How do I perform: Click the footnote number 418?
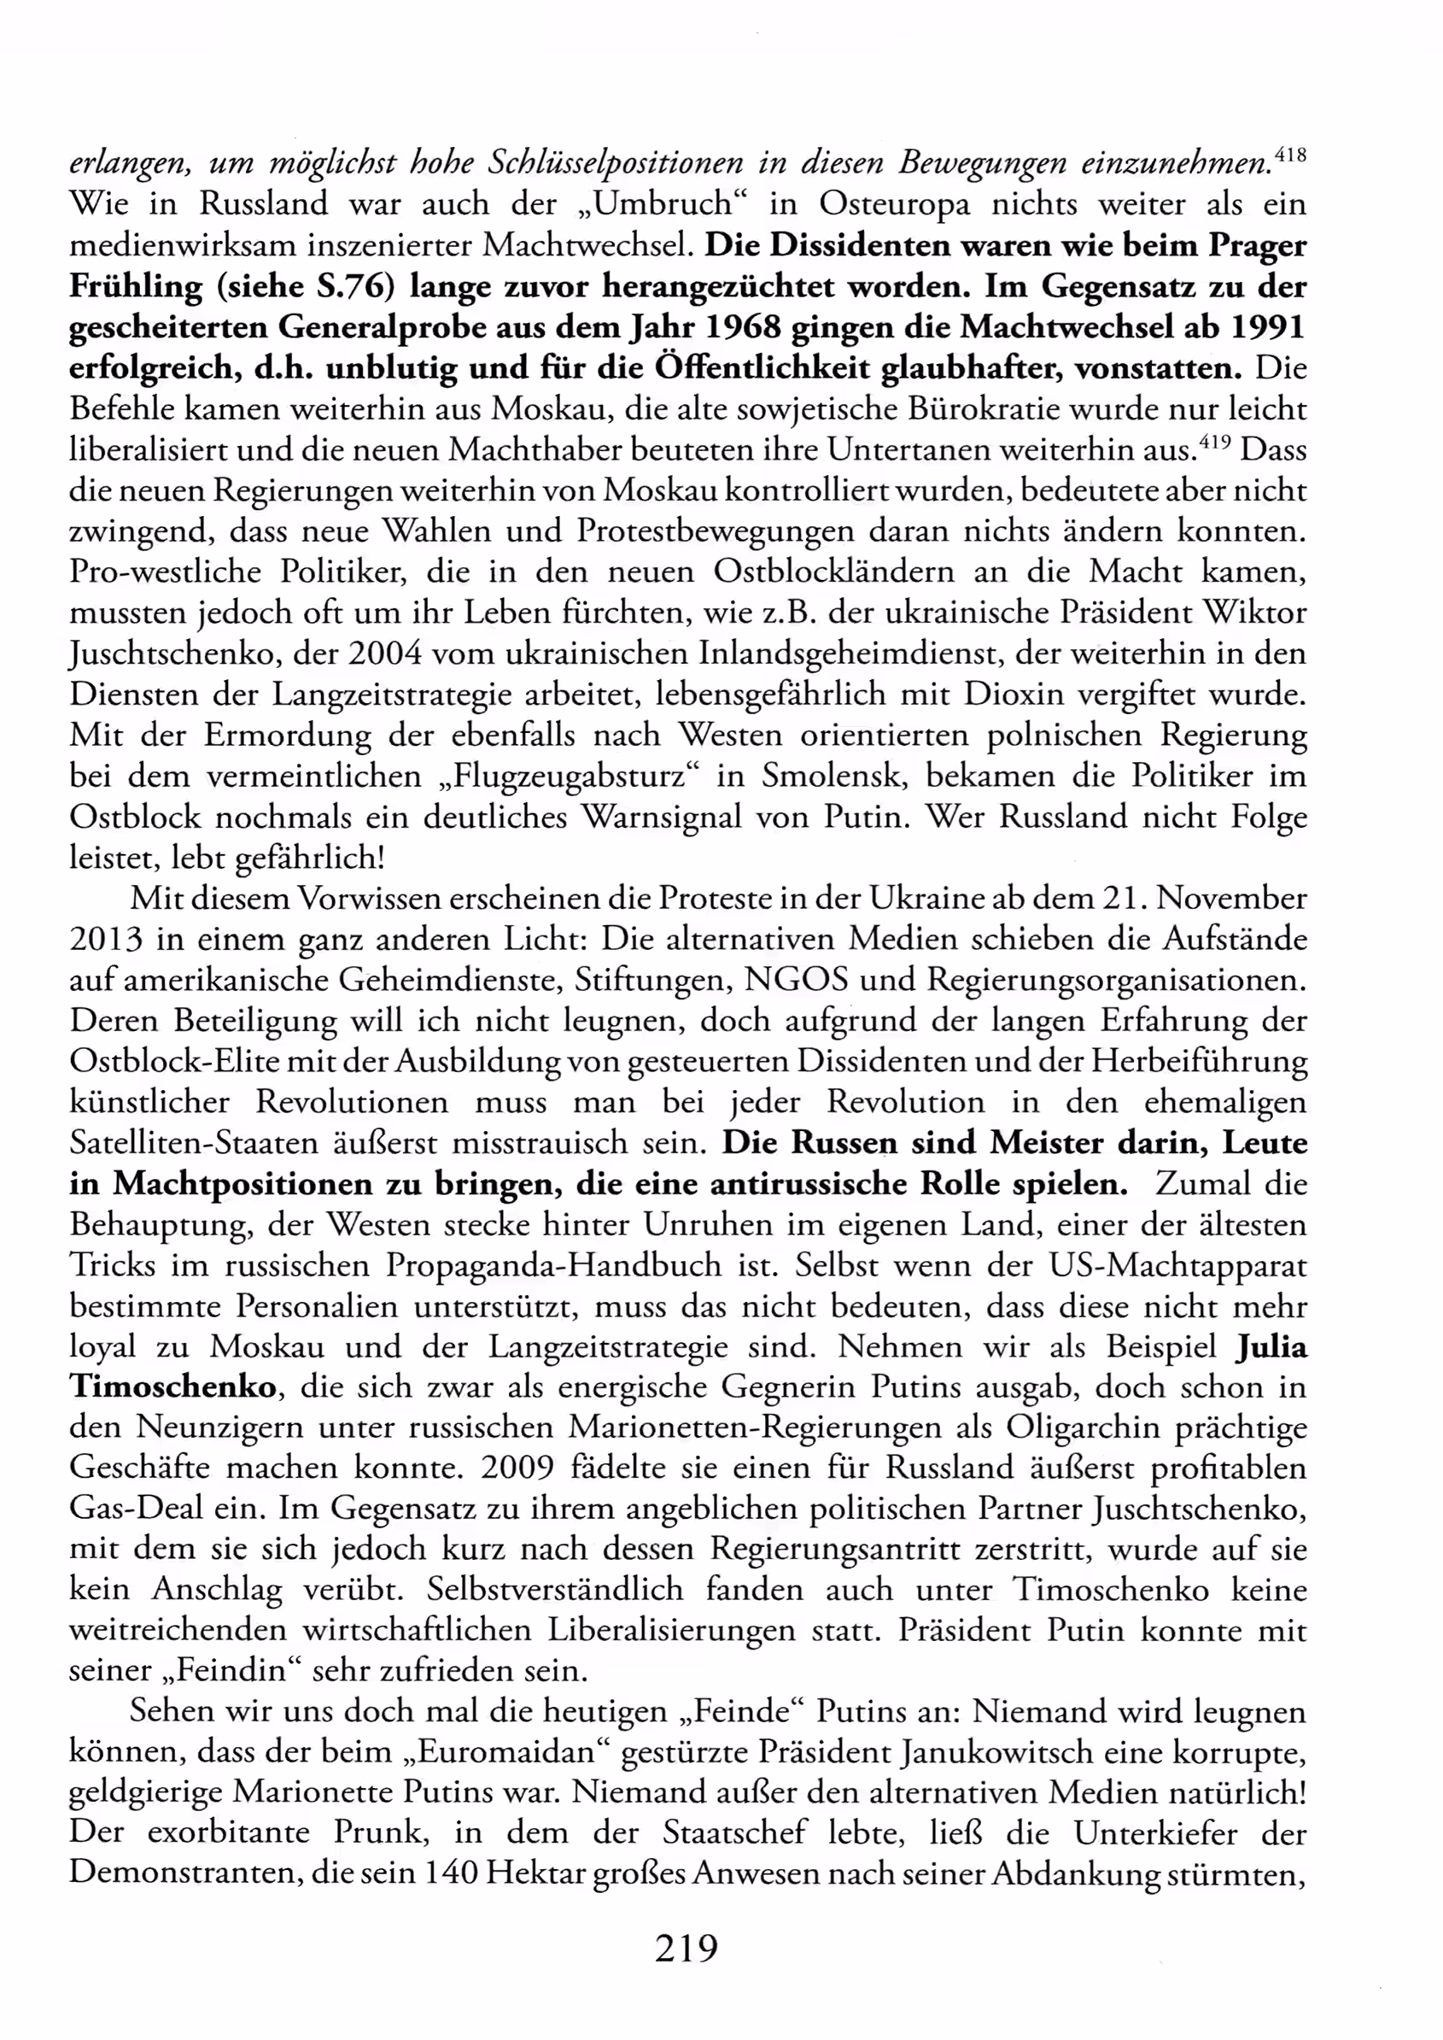tap(1290, 155)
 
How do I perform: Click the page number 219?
tap(686, 1949)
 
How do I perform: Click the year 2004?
tap(388, 654)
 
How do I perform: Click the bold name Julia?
tap(1271, 1346)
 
